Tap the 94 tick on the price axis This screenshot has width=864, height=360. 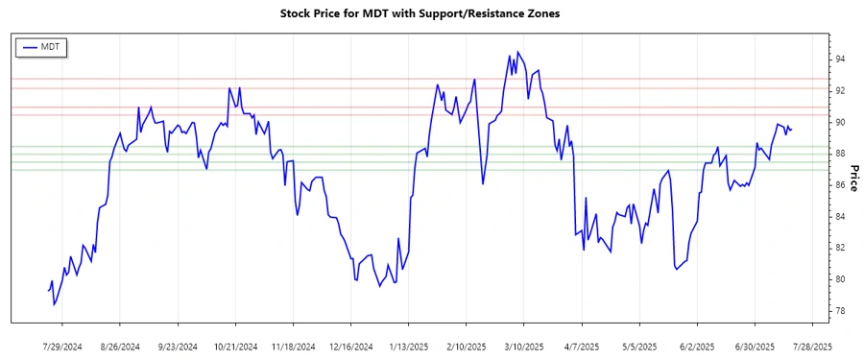839,60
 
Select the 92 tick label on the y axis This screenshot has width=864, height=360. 839,91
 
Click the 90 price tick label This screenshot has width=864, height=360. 839,123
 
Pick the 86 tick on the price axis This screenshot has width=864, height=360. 839,185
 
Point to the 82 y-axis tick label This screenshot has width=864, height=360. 839,249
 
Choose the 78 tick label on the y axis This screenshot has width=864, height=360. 839,311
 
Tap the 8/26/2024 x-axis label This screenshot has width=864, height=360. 121,346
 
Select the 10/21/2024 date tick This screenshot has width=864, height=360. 236,346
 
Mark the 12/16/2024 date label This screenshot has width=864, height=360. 350,346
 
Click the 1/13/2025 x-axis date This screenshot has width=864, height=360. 408,346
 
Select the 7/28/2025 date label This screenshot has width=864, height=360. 811,346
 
